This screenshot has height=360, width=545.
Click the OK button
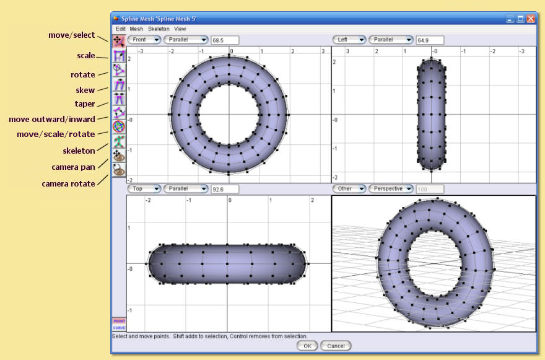(x=307, y=346)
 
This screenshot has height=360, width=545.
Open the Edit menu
(x=120, y=29)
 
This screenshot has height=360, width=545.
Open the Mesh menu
(x=136, y=29)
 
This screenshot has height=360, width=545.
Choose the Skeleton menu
(x=159, y=29)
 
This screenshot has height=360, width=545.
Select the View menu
(x=180, y=29)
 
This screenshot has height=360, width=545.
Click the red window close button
(x=531, y=19)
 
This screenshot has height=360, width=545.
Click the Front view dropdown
(x=144, y=40)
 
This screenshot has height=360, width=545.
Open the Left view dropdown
(x=349, y=40)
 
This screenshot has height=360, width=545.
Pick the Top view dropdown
(x=144, y=188)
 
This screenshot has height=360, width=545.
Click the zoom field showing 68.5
(x=224, y=40)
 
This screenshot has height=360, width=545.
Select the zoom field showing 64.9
(x=430, y=40)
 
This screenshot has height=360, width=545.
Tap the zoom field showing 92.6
(x=224, y=189)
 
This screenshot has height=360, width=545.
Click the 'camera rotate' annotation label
(x=68, y=183)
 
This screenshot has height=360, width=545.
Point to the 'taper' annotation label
(x=85, y=103)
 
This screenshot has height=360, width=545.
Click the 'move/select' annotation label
(x=71, y=35)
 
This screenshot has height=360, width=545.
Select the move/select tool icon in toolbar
(x=119, y=41)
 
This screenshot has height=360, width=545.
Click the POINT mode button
(x=119, y=321)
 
